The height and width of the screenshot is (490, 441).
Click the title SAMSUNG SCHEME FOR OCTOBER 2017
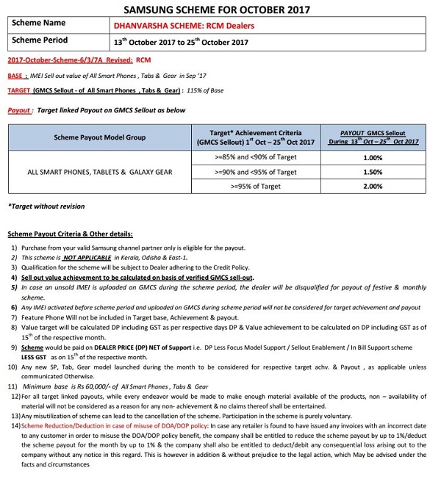click(x=220, y=9)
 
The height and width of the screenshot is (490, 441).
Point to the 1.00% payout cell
click(x=373, y=157)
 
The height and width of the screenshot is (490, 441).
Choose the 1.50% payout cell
click(x=373, y=172)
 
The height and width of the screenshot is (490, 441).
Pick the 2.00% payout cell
click(x=373, y=187)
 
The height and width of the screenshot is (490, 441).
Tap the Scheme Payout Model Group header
click(x=100, y=137)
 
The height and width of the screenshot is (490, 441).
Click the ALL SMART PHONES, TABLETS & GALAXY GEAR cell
click(x=100, y=172)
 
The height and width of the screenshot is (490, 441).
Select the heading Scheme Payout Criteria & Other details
click(x=70, y=234)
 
